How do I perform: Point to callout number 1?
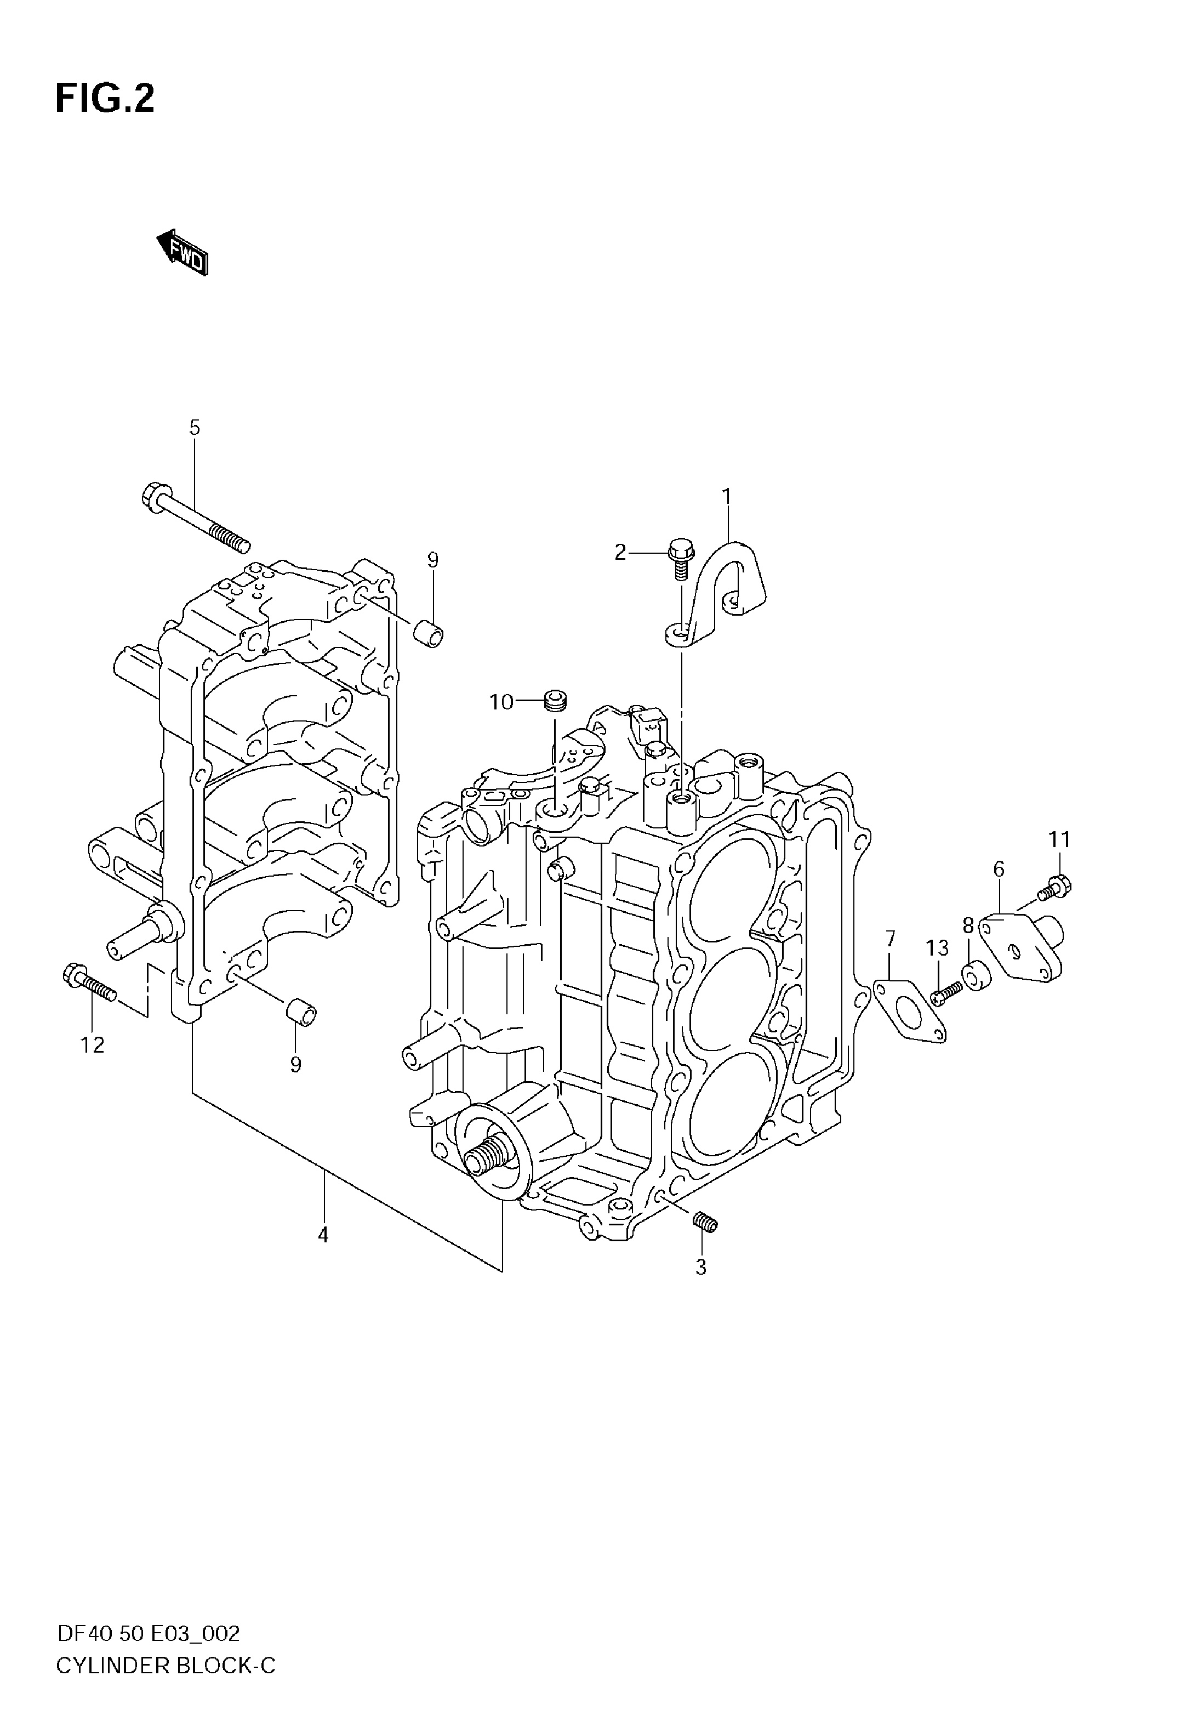click(x=726, y=496)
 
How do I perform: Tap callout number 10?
click(x=502, y=702)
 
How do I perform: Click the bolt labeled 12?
click(x=89, y=982)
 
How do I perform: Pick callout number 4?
click(x=323, y=1235)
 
